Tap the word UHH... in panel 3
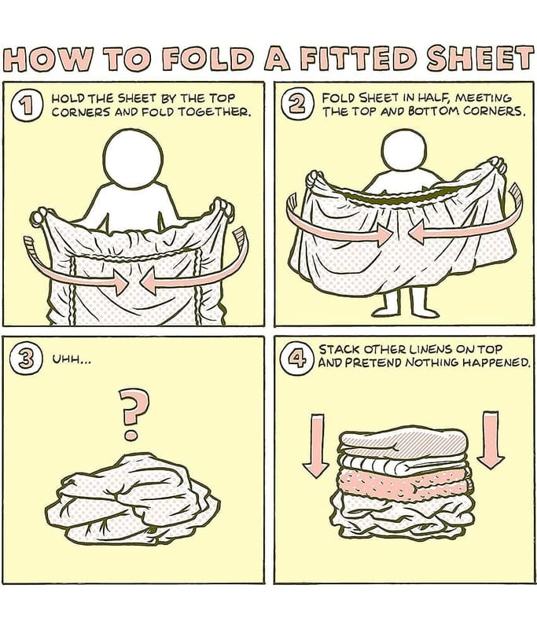click(x=72, y=362)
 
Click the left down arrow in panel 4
click(x=316, y=445)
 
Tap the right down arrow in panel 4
click(x=491, y=440)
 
